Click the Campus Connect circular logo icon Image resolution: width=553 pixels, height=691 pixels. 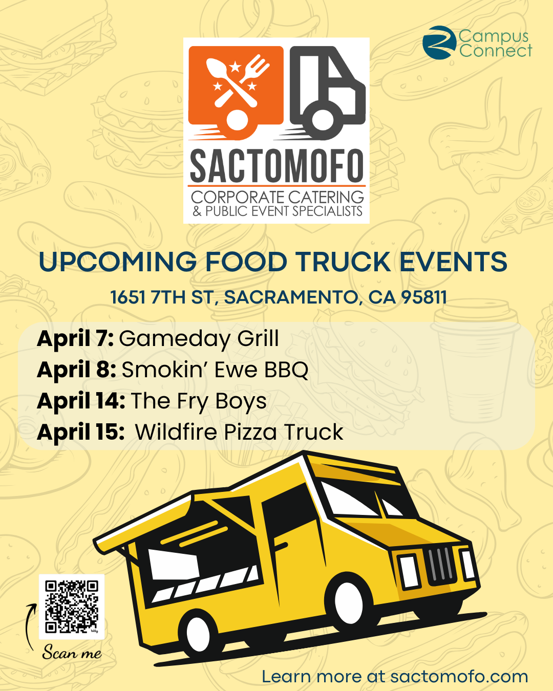tap(439, 42)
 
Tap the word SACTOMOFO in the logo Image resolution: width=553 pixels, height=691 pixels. tap(276, 166)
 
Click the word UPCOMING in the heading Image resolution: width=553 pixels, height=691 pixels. tap(117, 262)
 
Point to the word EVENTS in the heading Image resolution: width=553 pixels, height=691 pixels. tap(453, 262)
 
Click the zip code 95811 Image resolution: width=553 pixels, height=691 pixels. tap(424, 297)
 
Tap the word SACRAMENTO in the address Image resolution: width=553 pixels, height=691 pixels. tap(291, 297)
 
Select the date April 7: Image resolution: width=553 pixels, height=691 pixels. tap(75, 339)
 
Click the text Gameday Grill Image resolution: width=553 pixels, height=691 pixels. tap(199, 339)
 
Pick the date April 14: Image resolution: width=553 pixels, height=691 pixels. tap(81, 401)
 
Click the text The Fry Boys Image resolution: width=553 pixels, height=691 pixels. tap(199, 401)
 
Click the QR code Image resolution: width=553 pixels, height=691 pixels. tap(72, 607)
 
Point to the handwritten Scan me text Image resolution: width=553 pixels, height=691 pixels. tap(72, 652)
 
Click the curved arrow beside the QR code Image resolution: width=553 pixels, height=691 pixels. tap(30, 626)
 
